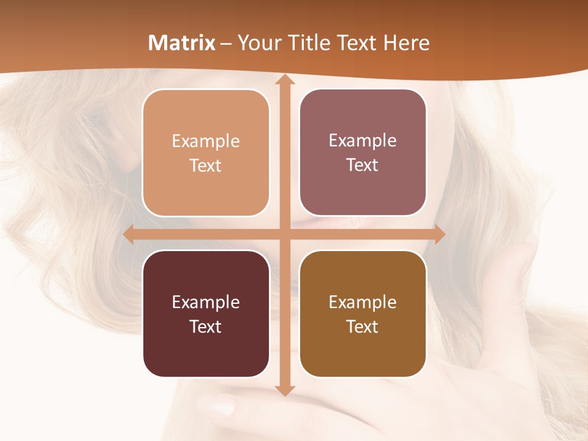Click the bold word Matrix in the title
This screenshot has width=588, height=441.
tap(182, 43)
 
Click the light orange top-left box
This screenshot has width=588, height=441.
tap(206, 153)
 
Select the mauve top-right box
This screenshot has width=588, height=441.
tap(363, 153)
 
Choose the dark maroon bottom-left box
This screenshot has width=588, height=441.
tap(206, 314)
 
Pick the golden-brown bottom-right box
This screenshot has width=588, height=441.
tap(363, 314)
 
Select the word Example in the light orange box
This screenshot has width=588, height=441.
tap(206, 141)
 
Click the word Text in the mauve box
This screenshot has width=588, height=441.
tap(363, 165)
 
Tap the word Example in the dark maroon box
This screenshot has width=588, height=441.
tap(206, 302)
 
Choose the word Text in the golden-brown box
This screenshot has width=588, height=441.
tap(363, 326)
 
